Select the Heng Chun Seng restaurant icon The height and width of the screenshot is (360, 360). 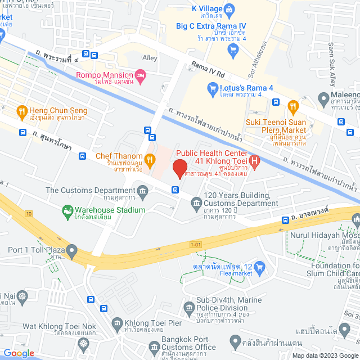[22, 111]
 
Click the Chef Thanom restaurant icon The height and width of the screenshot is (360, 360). [149, 157]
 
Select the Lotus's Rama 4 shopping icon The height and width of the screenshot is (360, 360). [212, 87]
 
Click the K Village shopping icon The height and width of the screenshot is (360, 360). [229, 9]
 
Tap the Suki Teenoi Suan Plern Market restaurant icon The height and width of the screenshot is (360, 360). [292, 106]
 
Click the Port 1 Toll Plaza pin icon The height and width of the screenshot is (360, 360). [71, 249]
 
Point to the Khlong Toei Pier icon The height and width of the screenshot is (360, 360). [117, 323]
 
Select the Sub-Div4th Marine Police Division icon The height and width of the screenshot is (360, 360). [188, 307]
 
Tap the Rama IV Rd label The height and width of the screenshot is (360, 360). [208, 69]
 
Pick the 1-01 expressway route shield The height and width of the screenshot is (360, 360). [195, 244]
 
